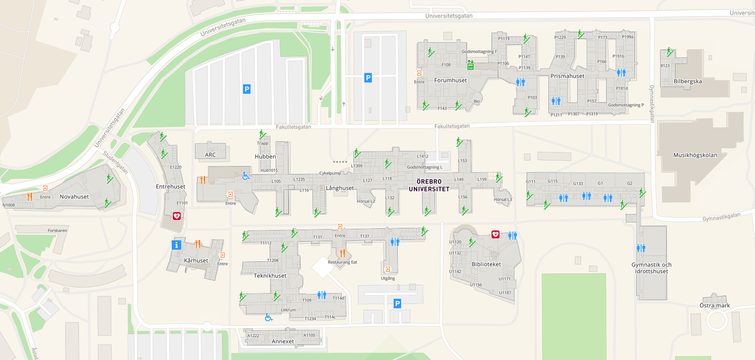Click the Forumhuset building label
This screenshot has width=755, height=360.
pos(450,80)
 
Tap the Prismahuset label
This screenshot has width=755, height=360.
pos(567,76)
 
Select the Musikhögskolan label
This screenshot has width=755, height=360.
pos(695,155)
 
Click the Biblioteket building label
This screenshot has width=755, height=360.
pos(486,264)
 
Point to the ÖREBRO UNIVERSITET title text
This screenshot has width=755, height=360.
pos(429,185)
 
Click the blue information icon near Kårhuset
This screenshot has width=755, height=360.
pos(177,245)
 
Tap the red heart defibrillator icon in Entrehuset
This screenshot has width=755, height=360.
pos(177,216)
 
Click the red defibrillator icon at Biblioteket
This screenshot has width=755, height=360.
pos(495,235)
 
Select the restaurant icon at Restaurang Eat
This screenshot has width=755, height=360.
pos(343,253)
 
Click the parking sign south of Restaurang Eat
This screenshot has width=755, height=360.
pos(397,304)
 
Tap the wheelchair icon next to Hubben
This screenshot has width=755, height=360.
pos(246,176)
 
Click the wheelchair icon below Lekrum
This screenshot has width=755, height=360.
pos(269,317)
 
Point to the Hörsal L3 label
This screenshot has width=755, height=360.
pos(502,199)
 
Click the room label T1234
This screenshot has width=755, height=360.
pos(310,319)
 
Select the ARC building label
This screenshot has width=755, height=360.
pos(210,155)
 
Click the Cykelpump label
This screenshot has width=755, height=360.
pos(330,173)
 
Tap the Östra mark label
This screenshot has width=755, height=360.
pos(714,306)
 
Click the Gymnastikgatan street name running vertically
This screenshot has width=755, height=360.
pos(651,104)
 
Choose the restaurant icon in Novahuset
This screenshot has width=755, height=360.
pos(30,197)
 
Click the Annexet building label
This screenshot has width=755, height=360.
pos(283,341)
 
